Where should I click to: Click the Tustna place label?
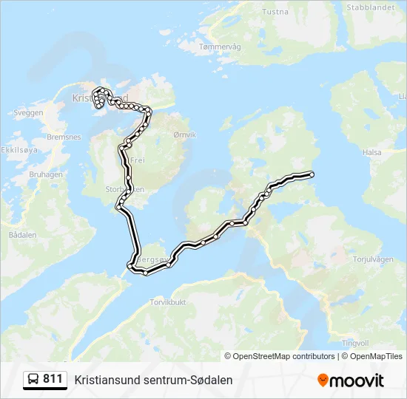click(276, 12)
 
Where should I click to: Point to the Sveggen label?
click(28, 113)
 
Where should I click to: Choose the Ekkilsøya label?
click(18, 149)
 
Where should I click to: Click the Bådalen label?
click(22, 234)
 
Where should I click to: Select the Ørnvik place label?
click(184, 135)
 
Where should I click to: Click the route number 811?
click(53, 379)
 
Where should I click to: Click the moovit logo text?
click(357, 381)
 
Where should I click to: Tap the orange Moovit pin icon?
click(323, 381)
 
